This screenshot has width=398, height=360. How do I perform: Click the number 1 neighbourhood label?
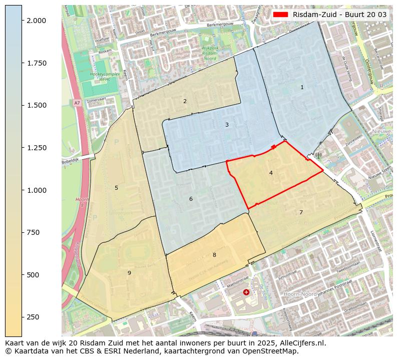[x=302, y=88]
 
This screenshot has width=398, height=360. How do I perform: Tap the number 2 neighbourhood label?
[x=185, y=101]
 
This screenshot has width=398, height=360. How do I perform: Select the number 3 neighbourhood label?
[x=227, y=125]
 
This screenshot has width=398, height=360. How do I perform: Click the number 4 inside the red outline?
[x=271, y=173]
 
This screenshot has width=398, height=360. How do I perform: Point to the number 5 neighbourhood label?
[x=116, y=188]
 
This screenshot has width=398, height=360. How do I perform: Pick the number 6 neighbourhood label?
[x=191, y=199]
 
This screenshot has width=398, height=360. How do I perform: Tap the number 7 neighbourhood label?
[x=301, y=212]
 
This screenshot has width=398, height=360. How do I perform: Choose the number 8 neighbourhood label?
[x=214, y=255]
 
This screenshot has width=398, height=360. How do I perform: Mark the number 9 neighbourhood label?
[x=129, y=273]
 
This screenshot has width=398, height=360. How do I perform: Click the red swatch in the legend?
[x=281, y=15]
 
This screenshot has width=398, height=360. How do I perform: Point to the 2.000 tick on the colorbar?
[x=36, y=21]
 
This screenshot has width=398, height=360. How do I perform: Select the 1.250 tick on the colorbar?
[x=36, y=148]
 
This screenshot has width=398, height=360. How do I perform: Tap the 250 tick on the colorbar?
[x=33, y=317]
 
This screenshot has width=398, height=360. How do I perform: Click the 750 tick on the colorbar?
[x=33, y=232]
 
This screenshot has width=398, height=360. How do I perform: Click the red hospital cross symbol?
[x=246, y=292]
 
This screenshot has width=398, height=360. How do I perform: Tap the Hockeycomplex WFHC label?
[x=104, y=77]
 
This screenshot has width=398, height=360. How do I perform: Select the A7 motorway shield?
[x=77, y=103]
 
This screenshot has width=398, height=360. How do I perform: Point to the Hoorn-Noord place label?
[x=299, y=294]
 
